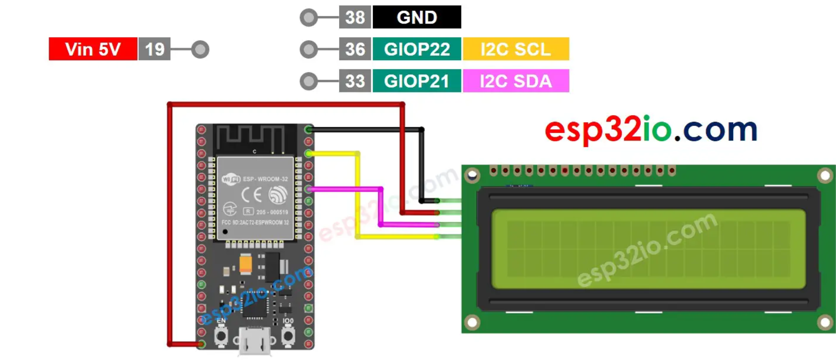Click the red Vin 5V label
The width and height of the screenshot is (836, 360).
click(x=93, y=49)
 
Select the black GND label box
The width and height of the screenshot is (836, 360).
click(x=417, y=17)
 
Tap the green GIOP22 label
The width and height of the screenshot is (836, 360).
click(x=417, y=49)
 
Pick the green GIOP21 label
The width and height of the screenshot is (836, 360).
click(x=417, y=81)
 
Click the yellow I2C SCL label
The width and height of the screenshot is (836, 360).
click(x=516, y=49)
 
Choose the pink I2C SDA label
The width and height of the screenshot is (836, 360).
click(x=516, y=81)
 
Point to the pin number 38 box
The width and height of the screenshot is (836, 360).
click(x=355, y=17)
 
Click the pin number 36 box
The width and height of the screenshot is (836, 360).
click(x=355, y=49)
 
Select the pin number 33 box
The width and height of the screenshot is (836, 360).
click(x=355, y=81)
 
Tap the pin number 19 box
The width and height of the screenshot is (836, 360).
click(x=154, y=49)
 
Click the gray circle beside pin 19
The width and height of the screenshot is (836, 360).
click(x=200, y=49)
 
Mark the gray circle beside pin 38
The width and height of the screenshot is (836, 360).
click(x=309, y=18)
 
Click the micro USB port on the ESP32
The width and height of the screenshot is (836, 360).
click(x=255, y=340)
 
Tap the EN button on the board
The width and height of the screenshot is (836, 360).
click(x=221, y=335)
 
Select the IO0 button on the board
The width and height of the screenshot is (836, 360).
click(x=288, y=335)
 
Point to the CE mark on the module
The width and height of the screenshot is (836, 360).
click(x=251, y=194)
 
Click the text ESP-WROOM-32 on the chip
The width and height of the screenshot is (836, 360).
click(x=265, y=179)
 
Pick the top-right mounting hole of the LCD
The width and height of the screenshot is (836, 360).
click(x=825, y=176)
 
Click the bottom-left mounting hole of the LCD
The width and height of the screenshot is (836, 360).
click(x=472, y=323)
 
